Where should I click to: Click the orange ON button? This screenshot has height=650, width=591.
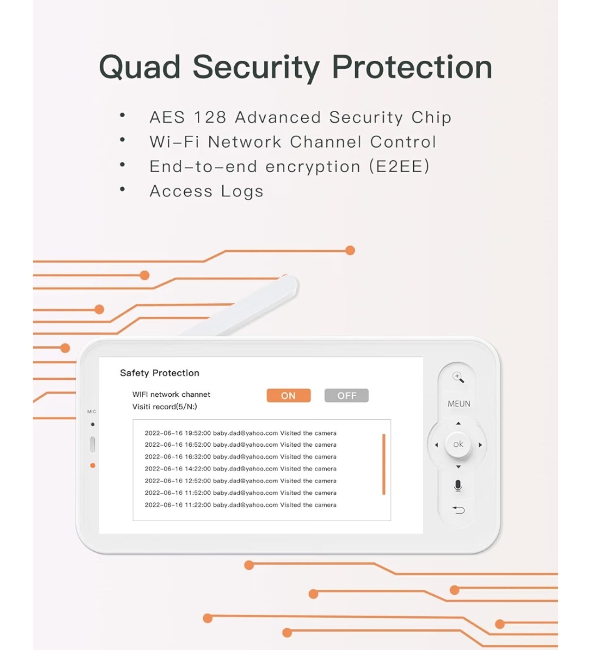pos(289,395)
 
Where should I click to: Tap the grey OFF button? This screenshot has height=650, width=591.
pos(346,395)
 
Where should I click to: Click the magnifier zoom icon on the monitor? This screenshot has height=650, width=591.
pos(458,377)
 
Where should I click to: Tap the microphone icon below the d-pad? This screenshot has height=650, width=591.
pos(458,486)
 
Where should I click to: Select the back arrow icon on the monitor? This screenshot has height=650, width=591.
pos(458,510)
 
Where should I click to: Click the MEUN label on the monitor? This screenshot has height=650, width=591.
pos(459,404)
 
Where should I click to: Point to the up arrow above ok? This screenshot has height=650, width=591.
pos(458,423)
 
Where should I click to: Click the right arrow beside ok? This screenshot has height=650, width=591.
pos(480,445)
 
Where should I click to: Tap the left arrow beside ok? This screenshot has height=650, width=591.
pos(436,445)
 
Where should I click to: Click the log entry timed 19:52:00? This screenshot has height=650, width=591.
pos(241,433)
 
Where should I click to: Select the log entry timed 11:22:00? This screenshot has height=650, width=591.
pos(241,505)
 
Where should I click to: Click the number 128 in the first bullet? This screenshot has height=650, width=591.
pos(210,117)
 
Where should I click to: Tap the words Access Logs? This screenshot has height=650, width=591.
pos(206,191)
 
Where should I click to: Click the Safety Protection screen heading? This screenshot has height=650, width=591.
pos(160,373)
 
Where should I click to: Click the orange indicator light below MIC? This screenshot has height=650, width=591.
pos(93,466)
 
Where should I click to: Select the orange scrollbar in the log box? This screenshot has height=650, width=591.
pos(384,464)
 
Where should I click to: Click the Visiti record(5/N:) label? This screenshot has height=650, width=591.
pos(165,407)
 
